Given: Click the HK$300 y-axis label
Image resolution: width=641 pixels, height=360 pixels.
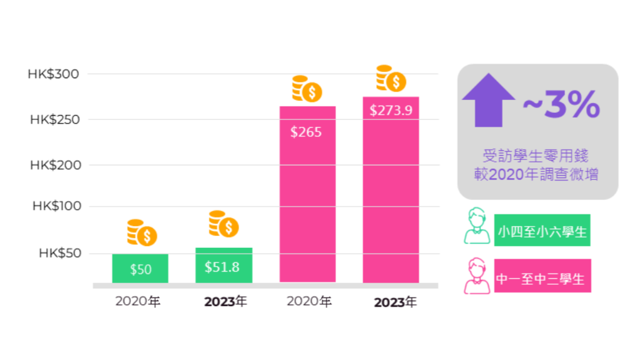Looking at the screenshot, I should [x=53, y=74].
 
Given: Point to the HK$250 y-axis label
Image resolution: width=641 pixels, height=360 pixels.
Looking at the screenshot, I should [x=55, y=119].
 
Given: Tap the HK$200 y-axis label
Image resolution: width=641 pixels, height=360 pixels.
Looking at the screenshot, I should [x=55, y=165].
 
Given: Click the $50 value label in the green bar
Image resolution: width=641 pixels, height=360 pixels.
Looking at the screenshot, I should [x=141, y=270].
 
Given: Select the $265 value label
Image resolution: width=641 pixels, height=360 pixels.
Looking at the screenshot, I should [x=306, y=132].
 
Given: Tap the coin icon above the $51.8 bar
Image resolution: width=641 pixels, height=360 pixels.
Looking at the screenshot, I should [x=224, y=224].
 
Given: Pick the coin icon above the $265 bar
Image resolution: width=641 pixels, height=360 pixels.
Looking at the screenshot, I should [x=307, y=89].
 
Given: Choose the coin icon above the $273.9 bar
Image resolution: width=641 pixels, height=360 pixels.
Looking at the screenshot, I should [x=391, y=79].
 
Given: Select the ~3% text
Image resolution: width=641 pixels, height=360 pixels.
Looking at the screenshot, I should [x=562, y=104].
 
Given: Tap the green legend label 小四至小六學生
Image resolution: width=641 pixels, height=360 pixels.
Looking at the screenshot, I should [x=542, y=230].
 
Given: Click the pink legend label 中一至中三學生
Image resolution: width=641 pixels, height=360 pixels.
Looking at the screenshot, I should [x=542, y=278].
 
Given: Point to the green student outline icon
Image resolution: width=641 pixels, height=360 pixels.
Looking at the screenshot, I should [x=477, y=226].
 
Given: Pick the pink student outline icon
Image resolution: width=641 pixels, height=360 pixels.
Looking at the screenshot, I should [x=477, y=276].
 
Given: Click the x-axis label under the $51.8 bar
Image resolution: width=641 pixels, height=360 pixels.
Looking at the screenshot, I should [x=225, y=301].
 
